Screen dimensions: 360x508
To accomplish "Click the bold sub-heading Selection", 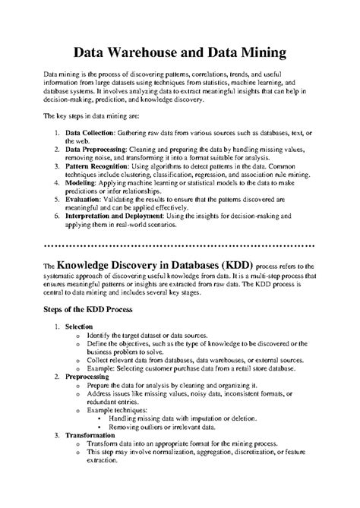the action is pyautogui.click(x=79, y=326).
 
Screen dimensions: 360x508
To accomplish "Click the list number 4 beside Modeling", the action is pyautogui.click(x=57, y=183).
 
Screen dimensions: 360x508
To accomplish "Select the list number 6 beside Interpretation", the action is pyautogui.click(x=57, y=216).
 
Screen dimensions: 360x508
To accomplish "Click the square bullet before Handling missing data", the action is pyautogui.click(x=99, y=418).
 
